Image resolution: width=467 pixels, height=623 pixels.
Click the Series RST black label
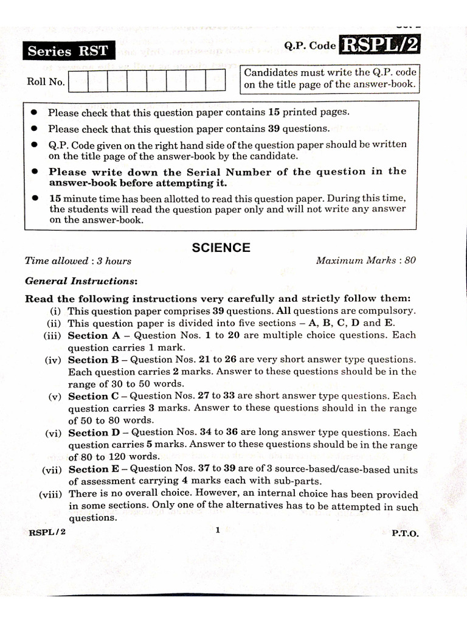(x=67, y=51)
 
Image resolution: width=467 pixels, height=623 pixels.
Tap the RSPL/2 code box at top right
(x=381, y=46)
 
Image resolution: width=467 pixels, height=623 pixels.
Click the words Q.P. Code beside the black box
(x=310, y=46)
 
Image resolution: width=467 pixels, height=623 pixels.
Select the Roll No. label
(x=46, y=82)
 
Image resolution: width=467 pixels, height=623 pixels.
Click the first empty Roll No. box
(x=78, y=81)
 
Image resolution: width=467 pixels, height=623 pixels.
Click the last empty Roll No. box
(x=215, y=81)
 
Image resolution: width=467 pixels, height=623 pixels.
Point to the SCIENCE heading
(x=221, y=248)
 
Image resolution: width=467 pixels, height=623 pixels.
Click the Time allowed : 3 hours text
(x=78, y=261)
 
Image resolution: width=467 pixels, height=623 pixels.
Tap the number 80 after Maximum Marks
(x=410, y=260)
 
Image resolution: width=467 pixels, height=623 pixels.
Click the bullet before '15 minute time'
(x=35, y=198)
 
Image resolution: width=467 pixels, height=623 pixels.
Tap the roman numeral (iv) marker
(x=53, y=360)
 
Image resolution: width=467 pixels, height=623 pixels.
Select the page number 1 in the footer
(x=217, y=530)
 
